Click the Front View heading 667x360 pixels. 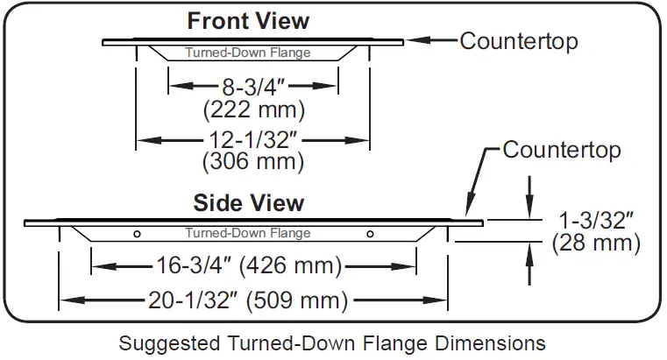248,20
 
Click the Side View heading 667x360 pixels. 249,203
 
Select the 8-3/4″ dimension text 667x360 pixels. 252,87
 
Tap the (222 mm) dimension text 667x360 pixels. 253,110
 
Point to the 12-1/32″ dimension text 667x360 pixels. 252,139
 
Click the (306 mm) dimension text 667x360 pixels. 253,162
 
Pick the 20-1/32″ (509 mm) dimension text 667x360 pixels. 252,300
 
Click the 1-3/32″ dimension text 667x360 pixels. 597,219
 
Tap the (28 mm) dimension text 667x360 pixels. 596,243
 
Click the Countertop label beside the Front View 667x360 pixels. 519,40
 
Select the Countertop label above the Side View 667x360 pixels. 562,150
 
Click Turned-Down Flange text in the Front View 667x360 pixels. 248,53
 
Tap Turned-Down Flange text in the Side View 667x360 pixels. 248,233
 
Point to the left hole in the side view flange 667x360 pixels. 137,234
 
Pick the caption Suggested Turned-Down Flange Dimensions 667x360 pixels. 332,342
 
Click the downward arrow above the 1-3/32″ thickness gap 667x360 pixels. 529,207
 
